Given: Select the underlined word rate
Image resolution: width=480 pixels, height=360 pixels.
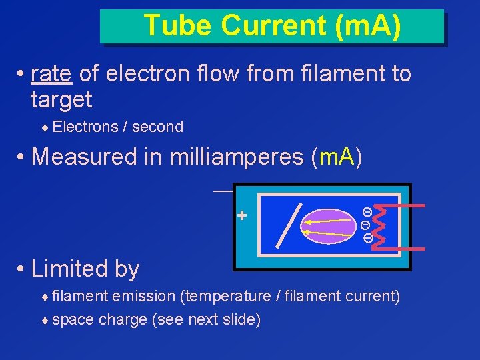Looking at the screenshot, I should (x=51, y=74).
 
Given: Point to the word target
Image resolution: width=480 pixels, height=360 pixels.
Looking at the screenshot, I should (x=61, y=100).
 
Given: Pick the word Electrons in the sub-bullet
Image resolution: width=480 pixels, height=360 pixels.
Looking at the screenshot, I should (x=84, y=127).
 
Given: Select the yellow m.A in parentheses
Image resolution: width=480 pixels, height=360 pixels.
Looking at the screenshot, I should (x=337, y=157).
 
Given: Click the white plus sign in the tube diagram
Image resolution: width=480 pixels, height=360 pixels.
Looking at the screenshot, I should (x=242, y=216).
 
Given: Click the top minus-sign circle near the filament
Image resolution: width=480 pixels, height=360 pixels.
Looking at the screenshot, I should (x=366, y=211).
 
